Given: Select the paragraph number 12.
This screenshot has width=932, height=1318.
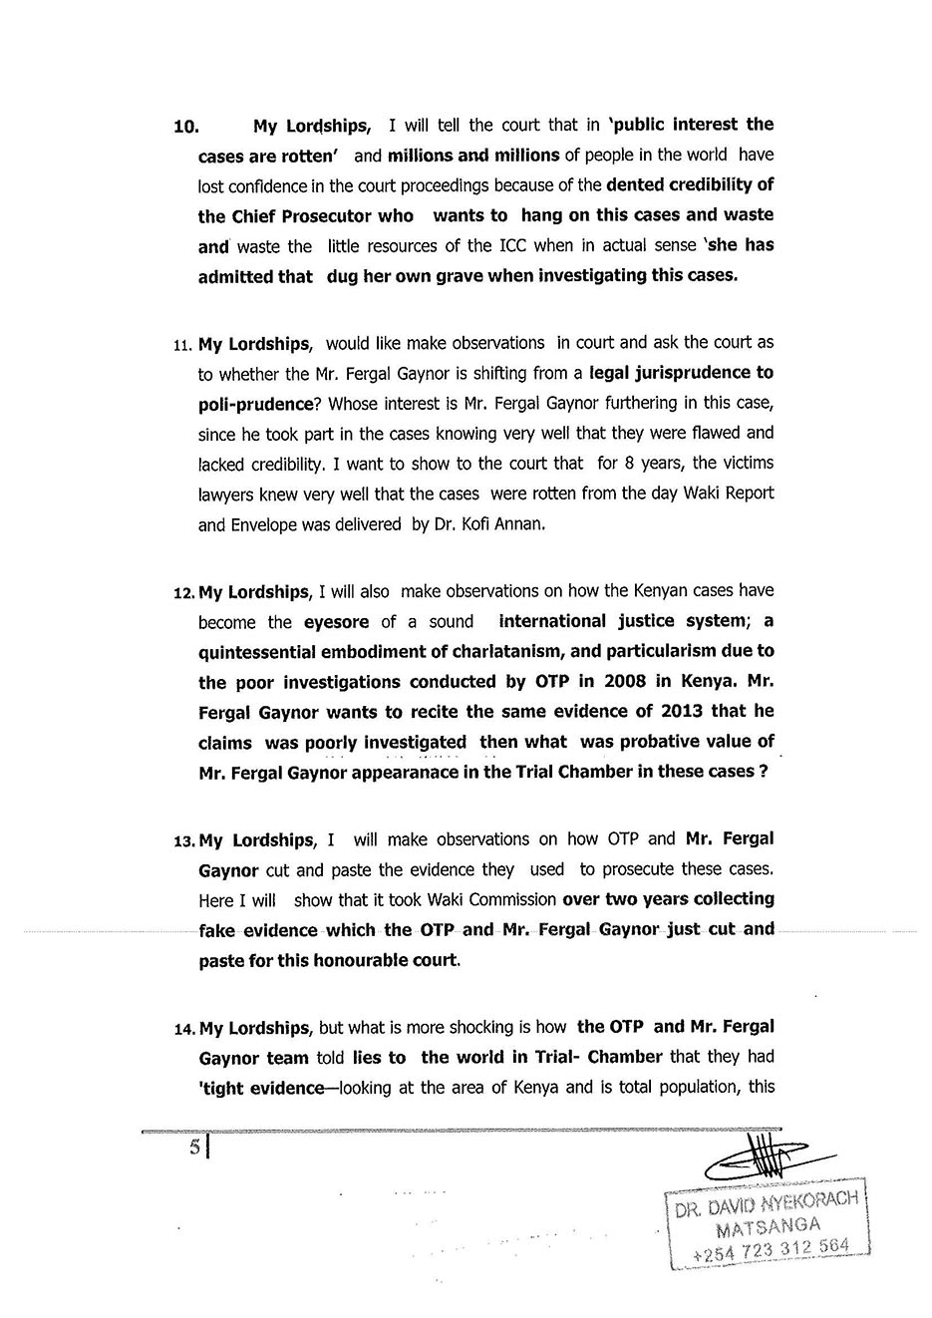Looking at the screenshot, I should click(184, 593).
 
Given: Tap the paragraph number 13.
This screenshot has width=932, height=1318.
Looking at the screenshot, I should click(184, 840).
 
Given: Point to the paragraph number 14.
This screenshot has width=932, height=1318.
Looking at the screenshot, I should click(184, 1028).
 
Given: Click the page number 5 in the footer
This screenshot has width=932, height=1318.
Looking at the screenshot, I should click(196, 1148).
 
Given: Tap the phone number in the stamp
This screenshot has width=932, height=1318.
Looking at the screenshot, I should click(770, 1248).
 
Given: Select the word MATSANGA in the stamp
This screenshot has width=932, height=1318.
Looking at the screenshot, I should click(769, 1225).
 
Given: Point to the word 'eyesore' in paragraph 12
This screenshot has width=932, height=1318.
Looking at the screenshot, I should click(337, 622).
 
